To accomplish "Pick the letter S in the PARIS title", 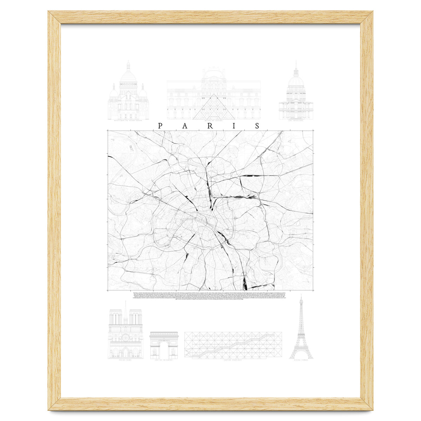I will pyautogui.click(x=258, y=126).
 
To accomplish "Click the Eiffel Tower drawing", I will pyautogui.click(x=301, y=330).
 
